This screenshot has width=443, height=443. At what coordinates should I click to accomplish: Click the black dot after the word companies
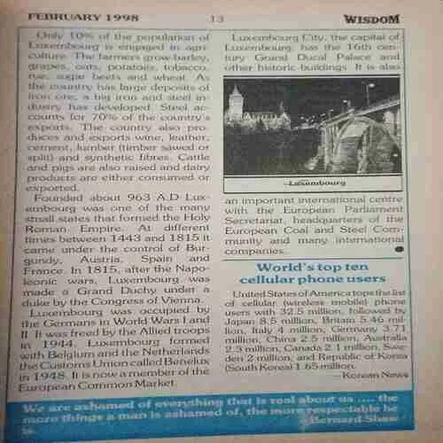click(x=400, y=251)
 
